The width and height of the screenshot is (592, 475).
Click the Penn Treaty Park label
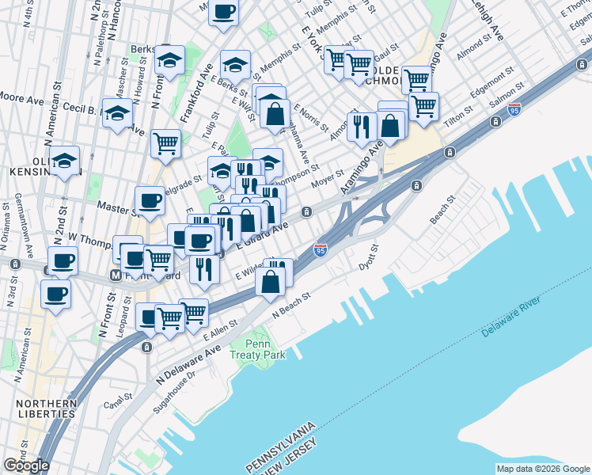coord(257,349)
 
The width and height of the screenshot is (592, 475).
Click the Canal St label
coord(118,403)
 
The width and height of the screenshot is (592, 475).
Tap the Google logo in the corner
coord(27,465)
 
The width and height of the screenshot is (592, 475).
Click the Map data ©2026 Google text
coord(542,469)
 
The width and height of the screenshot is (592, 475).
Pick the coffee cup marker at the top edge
coord(223,12)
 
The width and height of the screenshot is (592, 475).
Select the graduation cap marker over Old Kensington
coord(65,160)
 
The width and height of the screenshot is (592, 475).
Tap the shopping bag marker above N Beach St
coord(271,281)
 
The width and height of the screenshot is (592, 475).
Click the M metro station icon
coord(116,275)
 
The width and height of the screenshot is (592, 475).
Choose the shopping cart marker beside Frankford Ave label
coord(165,144)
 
